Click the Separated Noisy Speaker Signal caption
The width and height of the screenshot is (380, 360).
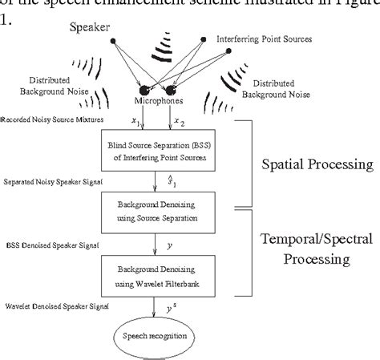pos(48,183)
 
